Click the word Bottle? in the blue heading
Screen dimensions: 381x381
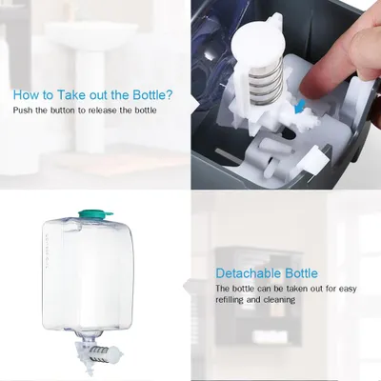tap(152, 95)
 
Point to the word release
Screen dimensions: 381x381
tap(100, 110)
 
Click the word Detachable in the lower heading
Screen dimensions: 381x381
tap(249, 273)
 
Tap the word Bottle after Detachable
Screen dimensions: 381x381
tap(301, 273)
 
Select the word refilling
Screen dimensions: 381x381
tap(230, 300)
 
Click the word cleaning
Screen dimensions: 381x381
tap(279, 300)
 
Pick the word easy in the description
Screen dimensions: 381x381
tap(348, 289)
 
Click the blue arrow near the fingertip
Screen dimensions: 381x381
tap(300, 107)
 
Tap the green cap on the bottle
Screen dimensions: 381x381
tap(94, 214)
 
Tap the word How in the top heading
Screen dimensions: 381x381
tap(24, 95)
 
